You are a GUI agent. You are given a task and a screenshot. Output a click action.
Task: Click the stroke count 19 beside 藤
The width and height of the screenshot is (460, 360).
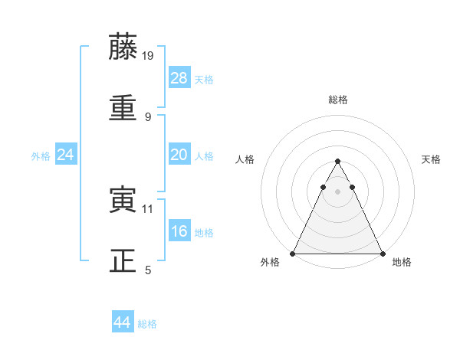point(148,55)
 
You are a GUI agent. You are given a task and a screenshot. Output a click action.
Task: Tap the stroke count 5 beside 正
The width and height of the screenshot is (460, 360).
point(148,270)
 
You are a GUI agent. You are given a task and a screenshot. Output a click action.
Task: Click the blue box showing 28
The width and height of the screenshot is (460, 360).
point(179,77)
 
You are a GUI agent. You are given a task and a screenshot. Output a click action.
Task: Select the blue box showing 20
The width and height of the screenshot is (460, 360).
point(179,154)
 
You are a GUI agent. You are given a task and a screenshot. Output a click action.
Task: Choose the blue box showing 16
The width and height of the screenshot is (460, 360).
point(179,231)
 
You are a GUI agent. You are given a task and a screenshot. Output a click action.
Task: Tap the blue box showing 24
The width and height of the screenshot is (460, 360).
point(66,155)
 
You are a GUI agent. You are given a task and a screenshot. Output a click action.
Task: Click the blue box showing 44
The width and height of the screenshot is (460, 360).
point(123,322)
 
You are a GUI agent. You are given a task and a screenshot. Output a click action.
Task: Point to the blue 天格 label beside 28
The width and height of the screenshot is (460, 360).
point(204,80)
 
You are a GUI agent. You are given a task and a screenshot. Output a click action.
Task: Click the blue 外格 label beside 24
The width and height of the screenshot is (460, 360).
point(41,156)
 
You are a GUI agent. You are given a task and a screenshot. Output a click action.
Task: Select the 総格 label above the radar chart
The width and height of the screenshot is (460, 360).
point(338,100)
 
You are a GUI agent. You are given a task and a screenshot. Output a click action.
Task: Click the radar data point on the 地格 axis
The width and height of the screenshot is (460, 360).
point(382,254)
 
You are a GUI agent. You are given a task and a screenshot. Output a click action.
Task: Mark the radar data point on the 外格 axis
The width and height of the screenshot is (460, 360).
point(293,254)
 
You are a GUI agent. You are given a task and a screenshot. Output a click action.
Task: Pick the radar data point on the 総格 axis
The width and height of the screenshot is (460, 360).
point(337,162)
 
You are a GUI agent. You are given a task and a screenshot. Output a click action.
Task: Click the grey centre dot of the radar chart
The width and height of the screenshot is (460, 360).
point(337,191)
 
